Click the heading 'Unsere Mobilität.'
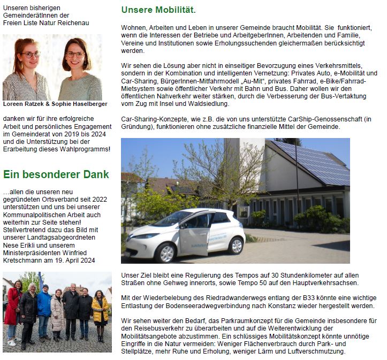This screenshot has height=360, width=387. coord(158,10)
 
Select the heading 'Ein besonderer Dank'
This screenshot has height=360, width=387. coord(56,174)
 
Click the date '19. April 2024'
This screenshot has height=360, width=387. coord(79,260)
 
